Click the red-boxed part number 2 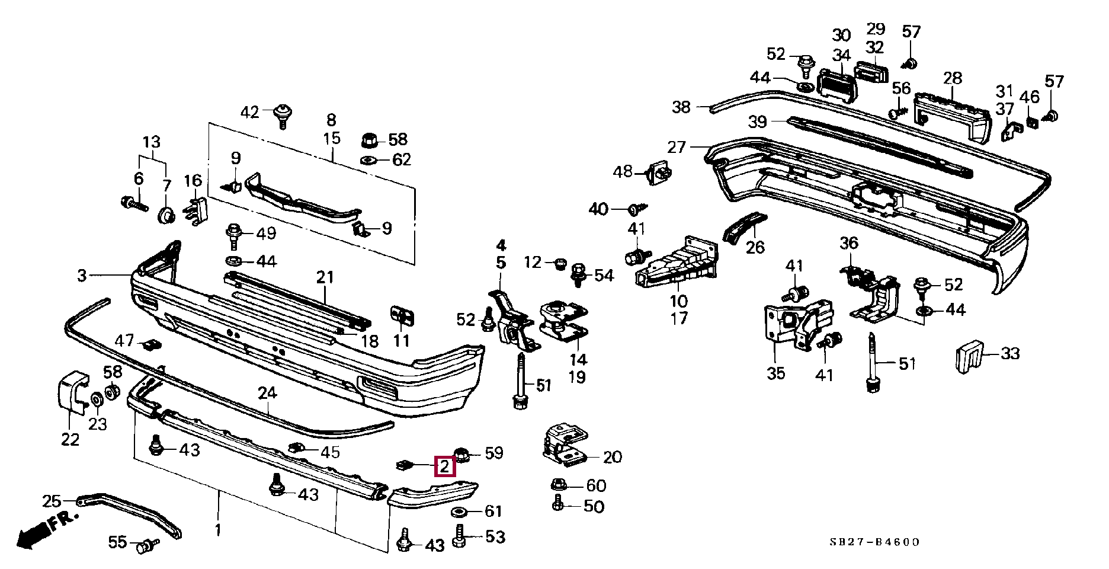[x=445, y=466]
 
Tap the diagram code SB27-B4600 [x=874, y=542]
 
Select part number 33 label [x=1010, y=354]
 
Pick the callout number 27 [x=676, y=146]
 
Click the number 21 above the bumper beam [x=325, y=277]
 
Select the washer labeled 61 [x=460, y=512]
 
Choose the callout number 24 [x=267, y=392]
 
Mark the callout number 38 [x=681, y=107]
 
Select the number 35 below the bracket [x=775, y=373]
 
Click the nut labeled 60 [x=558, y=485]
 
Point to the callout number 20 [x=613, y=457]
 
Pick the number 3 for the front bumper [x=82, y=275]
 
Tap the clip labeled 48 [x=661, y=173]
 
